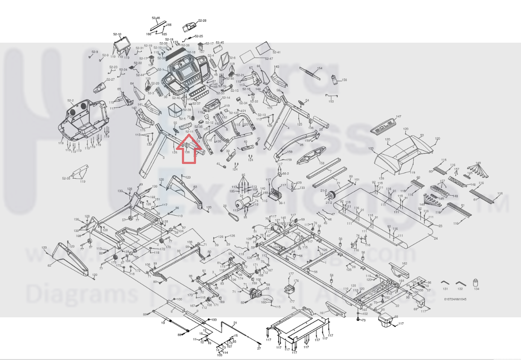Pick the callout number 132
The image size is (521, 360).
click(460, 289)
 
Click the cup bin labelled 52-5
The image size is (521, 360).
click(174, 111)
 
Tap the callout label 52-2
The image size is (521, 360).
click(71, 100)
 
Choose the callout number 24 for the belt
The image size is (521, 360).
click(436, 238)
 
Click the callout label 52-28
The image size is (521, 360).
click(202, 21)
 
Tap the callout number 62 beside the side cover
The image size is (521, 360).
click(50, 266)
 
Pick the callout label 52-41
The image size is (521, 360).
click(276, 52)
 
